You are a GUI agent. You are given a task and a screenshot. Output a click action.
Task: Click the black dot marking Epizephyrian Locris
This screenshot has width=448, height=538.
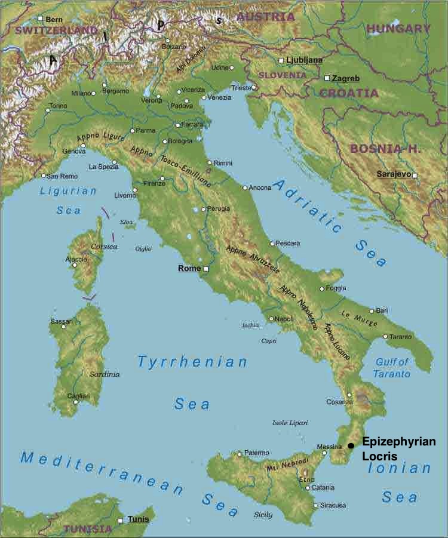click(x=351, y=445)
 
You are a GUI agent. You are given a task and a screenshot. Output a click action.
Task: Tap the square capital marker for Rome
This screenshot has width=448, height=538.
click(x=206, y=269)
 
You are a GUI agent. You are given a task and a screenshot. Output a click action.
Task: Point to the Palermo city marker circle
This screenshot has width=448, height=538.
click(x=240, y=454)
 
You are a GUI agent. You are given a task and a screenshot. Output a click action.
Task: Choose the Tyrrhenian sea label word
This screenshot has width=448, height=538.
click(x=192, y=362)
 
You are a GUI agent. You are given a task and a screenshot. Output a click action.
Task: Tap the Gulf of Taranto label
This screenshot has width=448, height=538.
click(x=392, y=368)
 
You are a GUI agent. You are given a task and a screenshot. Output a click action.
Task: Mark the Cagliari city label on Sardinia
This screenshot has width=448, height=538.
click(x=78, y=396)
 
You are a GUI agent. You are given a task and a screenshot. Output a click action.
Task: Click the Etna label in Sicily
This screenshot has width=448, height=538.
click(x=306, y=479)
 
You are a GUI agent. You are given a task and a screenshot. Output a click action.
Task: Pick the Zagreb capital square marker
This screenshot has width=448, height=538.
click(x=327, y=78)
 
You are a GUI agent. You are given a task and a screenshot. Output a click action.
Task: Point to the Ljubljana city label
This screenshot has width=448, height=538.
click(x=304, y=60)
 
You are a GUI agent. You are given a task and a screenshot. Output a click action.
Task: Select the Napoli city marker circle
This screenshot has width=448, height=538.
click(x=271, y=319)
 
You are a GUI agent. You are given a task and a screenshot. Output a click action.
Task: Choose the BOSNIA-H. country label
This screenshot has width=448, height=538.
click(x=382, y=148)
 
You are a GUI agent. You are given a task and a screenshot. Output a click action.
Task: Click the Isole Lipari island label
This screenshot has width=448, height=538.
click(x=290, y=423)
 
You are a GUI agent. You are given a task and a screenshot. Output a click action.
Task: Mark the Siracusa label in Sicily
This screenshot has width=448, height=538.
click(x=333, y=505)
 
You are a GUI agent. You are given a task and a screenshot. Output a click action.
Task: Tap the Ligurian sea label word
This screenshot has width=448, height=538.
click(x=68, y=192)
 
